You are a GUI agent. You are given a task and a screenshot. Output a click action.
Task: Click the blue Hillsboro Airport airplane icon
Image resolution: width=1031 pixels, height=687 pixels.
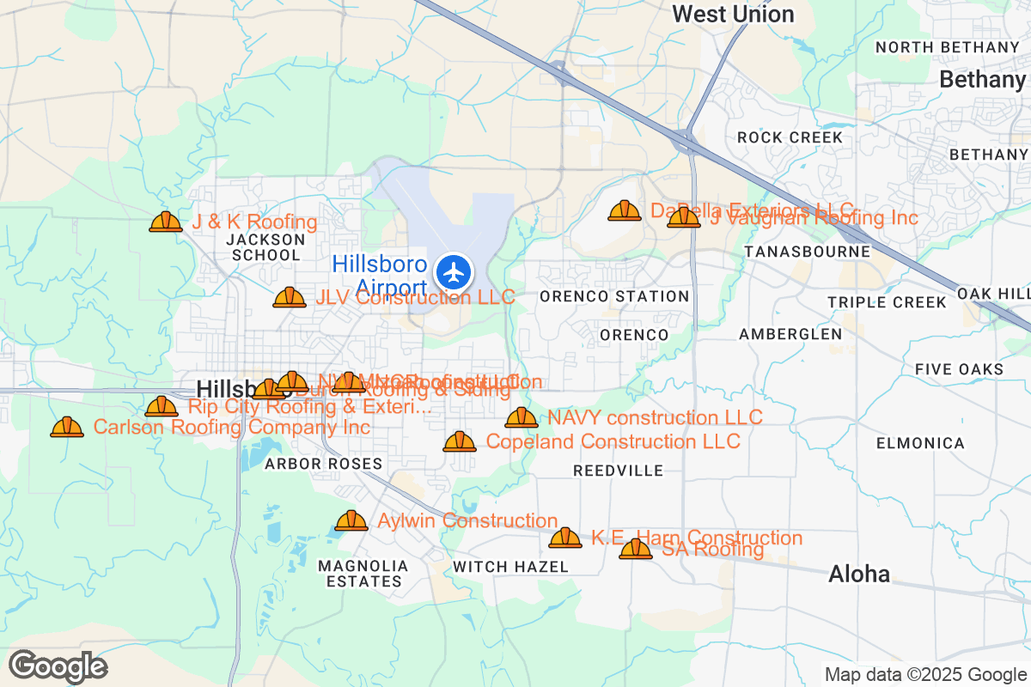454,272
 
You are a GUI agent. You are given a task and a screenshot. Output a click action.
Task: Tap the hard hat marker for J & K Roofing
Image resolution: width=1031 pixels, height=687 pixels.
166,222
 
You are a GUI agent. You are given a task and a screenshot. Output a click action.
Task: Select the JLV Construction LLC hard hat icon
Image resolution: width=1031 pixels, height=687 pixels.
290,298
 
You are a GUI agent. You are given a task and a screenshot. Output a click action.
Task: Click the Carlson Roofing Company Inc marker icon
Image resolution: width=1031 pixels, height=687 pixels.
67,427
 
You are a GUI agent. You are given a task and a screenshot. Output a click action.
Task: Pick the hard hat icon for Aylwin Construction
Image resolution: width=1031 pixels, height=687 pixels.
351,520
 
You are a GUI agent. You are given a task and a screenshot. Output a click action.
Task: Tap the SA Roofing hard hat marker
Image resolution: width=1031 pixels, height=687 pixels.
636,549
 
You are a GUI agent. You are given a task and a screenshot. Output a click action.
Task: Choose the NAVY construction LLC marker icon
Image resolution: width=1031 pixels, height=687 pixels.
522,417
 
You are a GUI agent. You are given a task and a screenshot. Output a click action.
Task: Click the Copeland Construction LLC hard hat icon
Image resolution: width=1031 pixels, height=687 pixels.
460,441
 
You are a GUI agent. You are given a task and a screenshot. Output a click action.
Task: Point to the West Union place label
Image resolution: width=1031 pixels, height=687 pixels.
733,14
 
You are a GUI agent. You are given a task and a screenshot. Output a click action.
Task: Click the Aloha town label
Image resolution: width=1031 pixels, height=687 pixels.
858,575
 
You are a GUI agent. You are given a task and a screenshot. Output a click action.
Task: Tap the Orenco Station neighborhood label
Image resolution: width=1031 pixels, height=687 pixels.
614,296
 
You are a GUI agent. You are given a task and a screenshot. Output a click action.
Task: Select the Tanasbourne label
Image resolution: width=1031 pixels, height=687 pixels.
807,252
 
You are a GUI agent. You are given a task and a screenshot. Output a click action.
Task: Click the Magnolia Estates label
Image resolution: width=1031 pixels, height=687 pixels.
362,574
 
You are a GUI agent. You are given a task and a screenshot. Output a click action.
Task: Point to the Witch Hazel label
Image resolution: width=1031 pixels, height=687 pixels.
510,567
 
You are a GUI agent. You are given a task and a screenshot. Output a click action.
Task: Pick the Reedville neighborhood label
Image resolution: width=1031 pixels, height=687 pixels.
618,471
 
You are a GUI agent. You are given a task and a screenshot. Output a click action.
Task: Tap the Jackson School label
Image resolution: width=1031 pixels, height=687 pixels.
265,247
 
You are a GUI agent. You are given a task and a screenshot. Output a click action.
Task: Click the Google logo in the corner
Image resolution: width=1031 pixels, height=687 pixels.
58,666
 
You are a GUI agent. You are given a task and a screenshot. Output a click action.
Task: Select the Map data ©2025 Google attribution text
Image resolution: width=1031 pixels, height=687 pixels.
925,674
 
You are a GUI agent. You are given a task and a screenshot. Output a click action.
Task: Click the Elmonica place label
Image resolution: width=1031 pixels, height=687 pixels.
920,443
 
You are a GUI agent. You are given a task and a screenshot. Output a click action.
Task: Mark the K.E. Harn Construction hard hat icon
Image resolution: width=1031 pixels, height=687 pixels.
565,538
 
